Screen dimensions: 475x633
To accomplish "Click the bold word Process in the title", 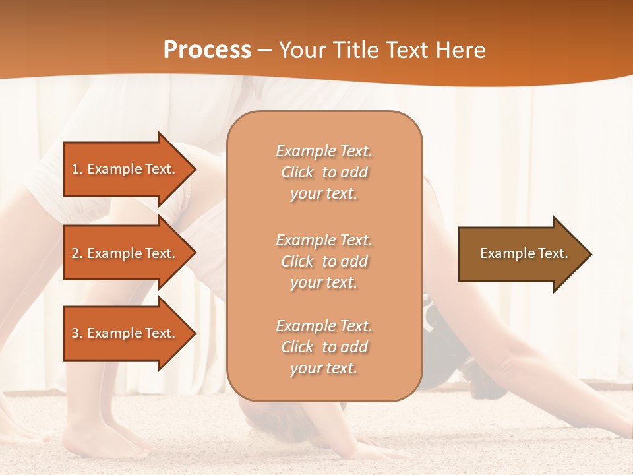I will tap(207, 49).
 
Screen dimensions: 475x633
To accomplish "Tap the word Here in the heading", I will tap(459, 49).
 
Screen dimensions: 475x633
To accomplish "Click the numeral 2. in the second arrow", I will tap(77, 253).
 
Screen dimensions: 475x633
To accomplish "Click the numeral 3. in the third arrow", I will tap(77, 333).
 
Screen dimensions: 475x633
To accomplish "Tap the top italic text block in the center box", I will tap(324, 172).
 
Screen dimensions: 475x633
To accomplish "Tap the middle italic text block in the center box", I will tap(324, 261).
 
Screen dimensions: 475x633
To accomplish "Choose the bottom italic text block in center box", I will tap(324, 347).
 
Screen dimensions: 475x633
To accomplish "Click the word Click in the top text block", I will tap(297, 172).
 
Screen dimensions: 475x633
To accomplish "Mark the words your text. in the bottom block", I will tap(324, 368).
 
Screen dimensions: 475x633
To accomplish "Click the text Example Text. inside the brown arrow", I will tap(524, 253).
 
